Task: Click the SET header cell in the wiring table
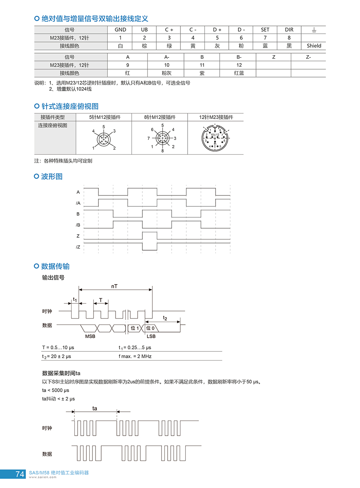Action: point(265,30)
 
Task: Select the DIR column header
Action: point(289,30)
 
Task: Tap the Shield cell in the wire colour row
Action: point(314,46)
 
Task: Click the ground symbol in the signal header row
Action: point(314,30)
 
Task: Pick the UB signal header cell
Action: point(144,30)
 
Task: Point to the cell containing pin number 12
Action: point(239,65)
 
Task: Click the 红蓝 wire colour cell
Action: point(239,73)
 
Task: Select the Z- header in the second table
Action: point(308,57)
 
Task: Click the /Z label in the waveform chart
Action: point(78,247)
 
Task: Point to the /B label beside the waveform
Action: point(78,225)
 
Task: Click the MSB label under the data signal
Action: point(90,336)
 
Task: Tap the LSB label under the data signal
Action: point(151,336)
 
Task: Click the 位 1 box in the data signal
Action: point(135,328)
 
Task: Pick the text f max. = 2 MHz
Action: point(135,356)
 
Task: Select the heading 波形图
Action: point(52,176)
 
